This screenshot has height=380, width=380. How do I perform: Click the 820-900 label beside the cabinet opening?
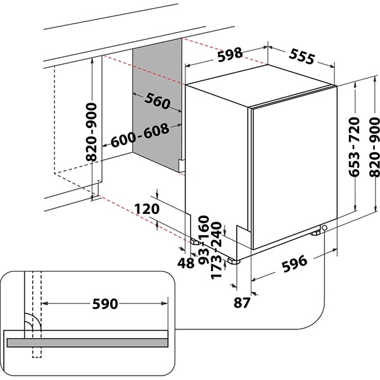pyautogui.click(x=92, y=131)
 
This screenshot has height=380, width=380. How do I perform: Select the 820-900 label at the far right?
pyautogui.click(x=372, y=147)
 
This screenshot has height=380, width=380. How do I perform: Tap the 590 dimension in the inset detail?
pyautogui.click(x=104, y=304)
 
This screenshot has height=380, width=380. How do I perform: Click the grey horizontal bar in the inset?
pyautogui.click(x=95, y=341)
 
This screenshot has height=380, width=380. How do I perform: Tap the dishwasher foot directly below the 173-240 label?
pyautogui.click(x=236, y=260)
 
